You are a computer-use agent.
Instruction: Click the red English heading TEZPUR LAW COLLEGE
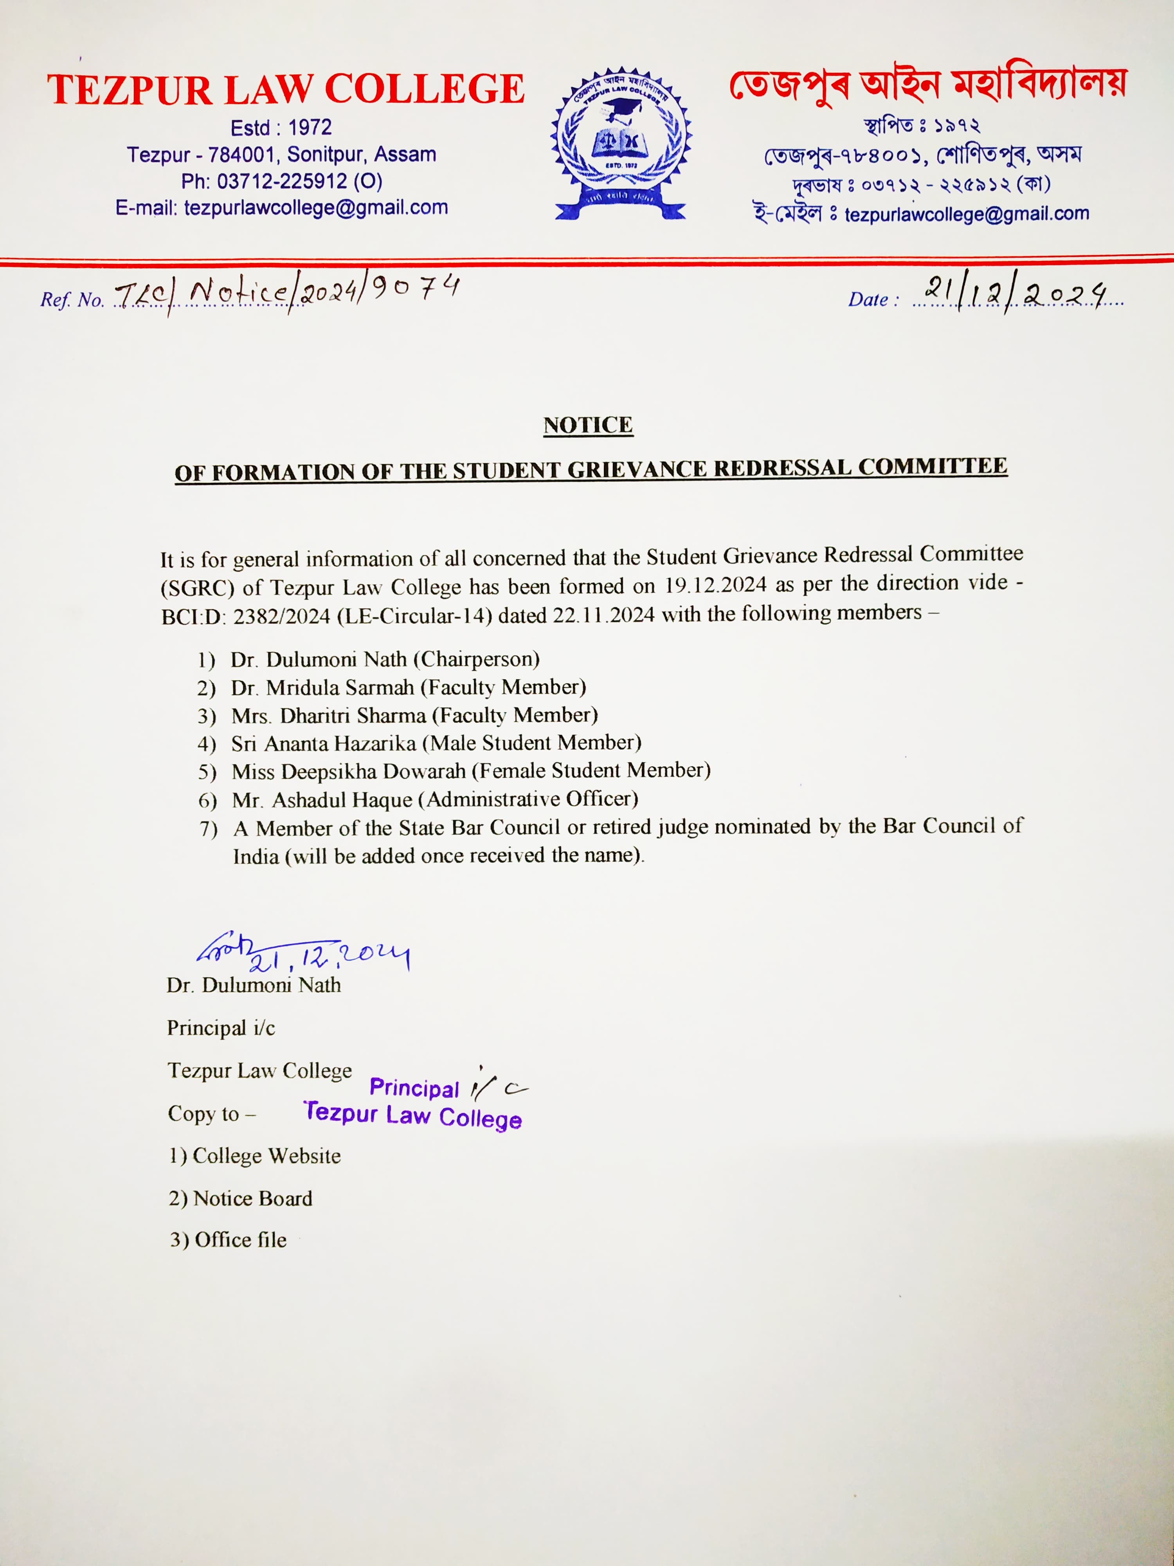(x=286, y=90)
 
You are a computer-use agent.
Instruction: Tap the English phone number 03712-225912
(x=282, y=181)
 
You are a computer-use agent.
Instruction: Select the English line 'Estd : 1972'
(x=281, y=127)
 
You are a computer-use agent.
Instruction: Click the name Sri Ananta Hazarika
(x=323, y=743)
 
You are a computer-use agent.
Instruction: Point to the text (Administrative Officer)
(x=528, y=799)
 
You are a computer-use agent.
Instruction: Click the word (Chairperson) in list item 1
(x=476, y=659)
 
